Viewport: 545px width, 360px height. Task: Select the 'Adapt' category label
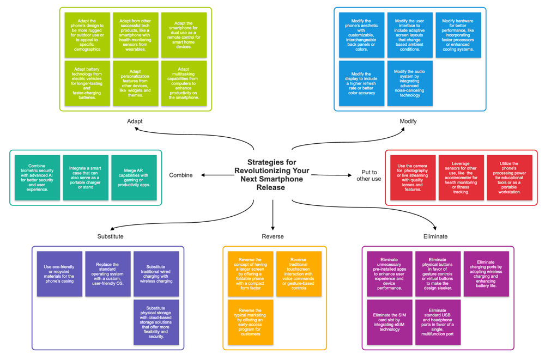point(135,121)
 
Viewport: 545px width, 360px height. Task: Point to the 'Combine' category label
point(181,175)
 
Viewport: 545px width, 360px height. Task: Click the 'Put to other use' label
point(369,175)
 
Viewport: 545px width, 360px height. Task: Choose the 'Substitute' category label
point(110,236)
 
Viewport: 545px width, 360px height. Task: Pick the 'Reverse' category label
point(272,236)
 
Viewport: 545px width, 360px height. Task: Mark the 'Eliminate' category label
point(435,236)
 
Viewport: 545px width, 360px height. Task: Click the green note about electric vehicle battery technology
point(87,82)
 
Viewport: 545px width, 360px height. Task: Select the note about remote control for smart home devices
point(184,35)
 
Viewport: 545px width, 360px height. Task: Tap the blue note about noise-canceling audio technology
point(410,83)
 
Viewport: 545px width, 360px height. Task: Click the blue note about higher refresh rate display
point(361,83)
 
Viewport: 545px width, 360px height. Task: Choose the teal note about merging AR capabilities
point(134,178)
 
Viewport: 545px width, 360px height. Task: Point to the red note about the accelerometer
point(461,178)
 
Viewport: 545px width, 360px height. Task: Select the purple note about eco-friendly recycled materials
point(59,273)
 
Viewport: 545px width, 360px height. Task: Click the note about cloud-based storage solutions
point(156,322)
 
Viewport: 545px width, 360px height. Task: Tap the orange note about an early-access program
point(251,322)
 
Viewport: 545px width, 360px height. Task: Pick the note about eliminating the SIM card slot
point(390,322)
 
